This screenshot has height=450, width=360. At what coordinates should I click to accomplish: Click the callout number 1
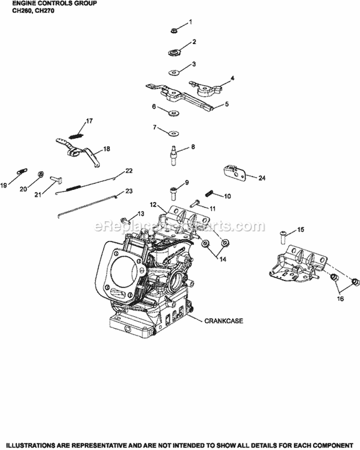point(190,22)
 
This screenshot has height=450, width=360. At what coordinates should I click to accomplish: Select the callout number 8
point(193,147)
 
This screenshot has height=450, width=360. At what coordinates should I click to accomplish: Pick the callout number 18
point(106,149)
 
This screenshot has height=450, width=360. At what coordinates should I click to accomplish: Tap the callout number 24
point(262,178)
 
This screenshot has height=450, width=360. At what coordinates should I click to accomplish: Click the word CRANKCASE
point(223,320)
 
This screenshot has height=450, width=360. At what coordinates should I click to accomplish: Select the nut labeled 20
point(41,174)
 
